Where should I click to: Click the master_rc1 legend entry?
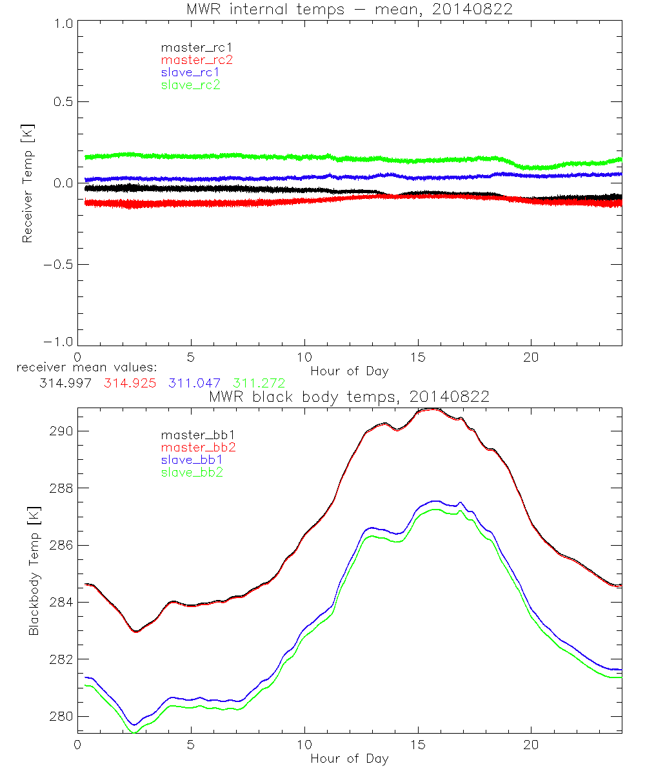190,47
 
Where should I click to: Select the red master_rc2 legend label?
197,59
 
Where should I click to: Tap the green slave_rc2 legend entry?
190,85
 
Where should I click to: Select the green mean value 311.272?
259,384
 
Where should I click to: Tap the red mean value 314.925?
130,384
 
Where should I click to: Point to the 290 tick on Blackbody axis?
61,431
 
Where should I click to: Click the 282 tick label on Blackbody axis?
61,659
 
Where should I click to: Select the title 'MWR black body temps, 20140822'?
349,397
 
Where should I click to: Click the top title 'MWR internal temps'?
349,10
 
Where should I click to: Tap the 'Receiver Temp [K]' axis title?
27,183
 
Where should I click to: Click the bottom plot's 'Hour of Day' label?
349,758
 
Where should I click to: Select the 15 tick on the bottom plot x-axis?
417,744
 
